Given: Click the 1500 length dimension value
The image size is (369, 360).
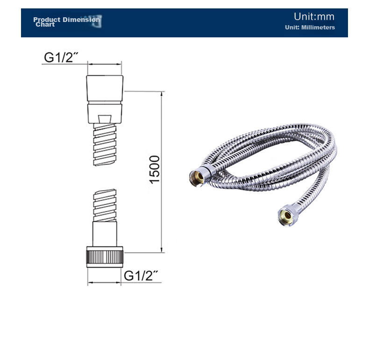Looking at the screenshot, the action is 155,169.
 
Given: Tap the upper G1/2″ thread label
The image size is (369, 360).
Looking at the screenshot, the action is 61,57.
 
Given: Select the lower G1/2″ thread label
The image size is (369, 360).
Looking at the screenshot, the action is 141,275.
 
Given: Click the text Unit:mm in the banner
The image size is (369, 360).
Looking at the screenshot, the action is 314,17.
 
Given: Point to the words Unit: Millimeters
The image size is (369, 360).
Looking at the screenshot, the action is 310,27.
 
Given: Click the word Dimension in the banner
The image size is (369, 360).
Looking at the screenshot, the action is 81,20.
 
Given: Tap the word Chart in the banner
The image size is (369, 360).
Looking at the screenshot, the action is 45,24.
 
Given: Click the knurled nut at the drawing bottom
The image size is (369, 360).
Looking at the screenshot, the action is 105,257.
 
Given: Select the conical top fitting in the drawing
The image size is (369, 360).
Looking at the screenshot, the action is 105,88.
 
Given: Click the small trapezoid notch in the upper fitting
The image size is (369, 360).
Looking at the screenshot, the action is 105,119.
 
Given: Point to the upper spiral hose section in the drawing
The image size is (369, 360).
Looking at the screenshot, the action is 105,145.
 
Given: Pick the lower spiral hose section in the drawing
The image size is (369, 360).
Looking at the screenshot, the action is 105,205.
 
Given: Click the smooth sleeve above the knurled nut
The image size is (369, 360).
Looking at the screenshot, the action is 105,234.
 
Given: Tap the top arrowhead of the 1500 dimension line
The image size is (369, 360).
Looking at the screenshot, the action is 162,94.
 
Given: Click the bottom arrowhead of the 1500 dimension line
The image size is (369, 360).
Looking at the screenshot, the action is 162,250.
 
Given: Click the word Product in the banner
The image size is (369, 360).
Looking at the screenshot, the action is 47,20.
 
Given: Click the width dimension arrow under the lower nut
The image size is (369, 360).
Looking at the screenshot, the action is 104,282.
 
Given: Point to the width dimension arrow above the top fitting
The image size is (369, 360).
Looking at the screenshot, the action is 105,64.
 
